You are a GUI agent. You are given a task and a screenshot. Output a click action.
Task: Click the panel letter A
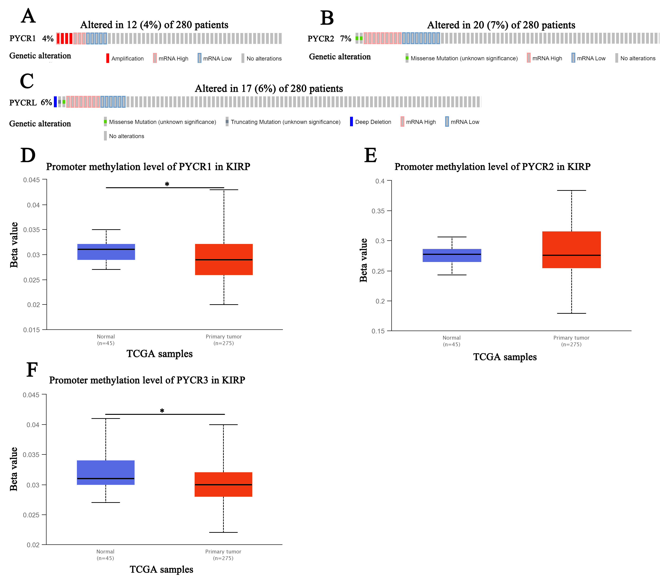point(28,16)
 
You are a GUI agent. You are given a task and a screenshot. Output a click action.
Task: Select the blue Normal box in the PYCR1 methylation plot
point(106,252)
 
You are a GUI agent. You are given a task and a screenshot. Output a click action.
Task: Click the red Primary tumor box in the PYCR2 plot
point(571,250)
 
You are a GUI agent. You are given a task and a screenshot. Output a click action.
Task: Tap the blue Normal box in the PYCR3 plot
point(106,472)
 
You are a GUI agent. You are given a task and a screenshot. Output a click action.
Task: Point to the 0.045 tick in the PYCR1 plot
point(31,180)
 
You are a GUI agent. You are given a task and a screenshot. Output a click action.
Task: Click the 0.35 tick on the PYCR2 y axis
point(378,211)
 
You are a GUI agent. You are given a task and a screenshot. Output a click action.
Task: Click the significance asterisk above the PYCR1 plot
point(167,184)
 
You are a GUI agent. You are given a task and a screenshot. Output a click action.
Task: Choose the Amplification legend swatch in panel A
point(108,58)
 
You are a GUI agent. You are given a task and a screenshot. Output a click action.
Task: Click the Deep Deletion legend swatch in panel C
point(351,122)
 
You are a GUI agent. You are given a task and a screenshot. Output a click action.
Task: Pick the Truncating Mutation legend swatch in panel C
point(227,122)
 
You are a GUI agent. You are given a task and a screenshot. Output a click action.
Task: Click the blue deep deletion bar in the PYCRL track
point(55,102)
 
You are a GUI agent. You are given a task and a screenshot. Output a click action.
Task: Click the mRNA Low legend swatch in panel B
point(573,58)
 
